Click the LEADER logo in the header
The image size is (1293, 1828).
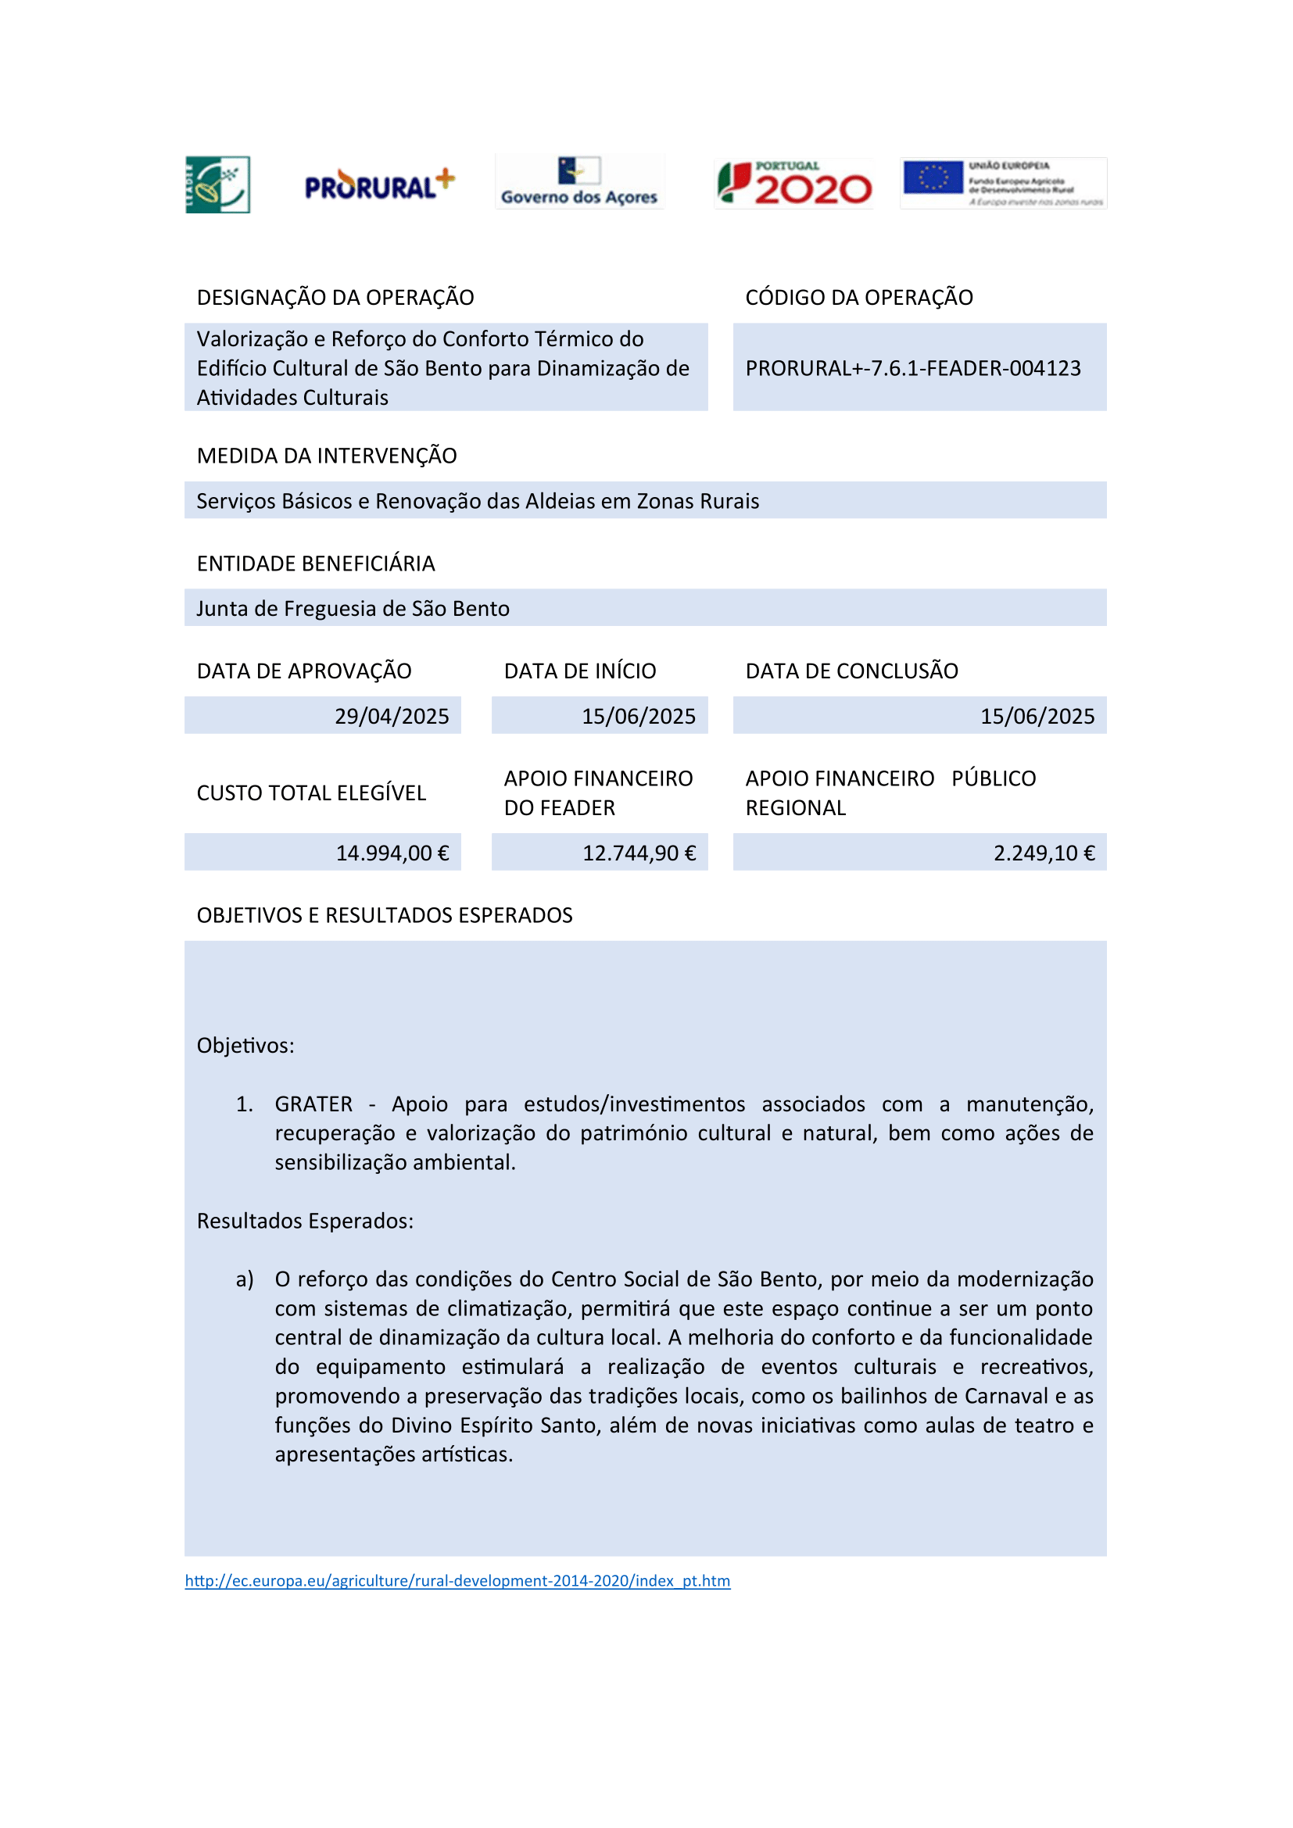[217, 184]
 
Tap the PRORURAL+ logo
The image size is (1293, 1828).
[379, 185]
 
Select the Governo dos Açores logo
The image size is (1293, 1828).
[578, 182]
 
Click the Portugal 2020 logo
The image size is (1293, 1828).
[793, 184]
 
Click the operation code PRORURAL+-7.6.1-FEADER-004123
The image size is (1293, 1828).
[912, 368]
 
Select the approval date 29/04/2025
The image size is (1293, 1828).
[391, 716]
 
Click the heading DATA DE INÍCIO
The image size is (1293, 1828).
[579, 671]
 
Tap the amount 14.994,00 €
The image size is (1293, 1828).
[392, 853]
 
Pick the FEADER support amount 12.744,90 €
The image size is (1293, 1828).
[639, 853]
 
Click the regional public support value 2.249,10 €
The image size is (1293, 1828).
[1043, 853]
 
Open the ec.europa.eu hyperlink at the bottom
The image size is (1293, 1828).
[457, 1580]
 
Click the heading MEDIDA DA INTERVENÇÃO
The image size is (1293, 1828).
[327, 456]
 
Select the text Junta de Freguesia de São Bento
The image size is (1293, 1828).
[353, 608]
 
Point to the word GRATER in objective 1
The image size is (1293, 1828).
[313, 1104]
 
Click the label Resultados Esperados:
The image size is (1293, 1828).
[305, 1221]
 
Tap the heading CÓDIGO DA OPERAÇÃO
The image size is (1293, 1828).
[858, 297]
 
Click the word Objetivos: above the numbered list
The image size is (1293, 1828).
[245, 1045]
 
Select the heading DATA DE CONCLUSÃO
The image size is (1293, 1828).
[851, 671]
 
